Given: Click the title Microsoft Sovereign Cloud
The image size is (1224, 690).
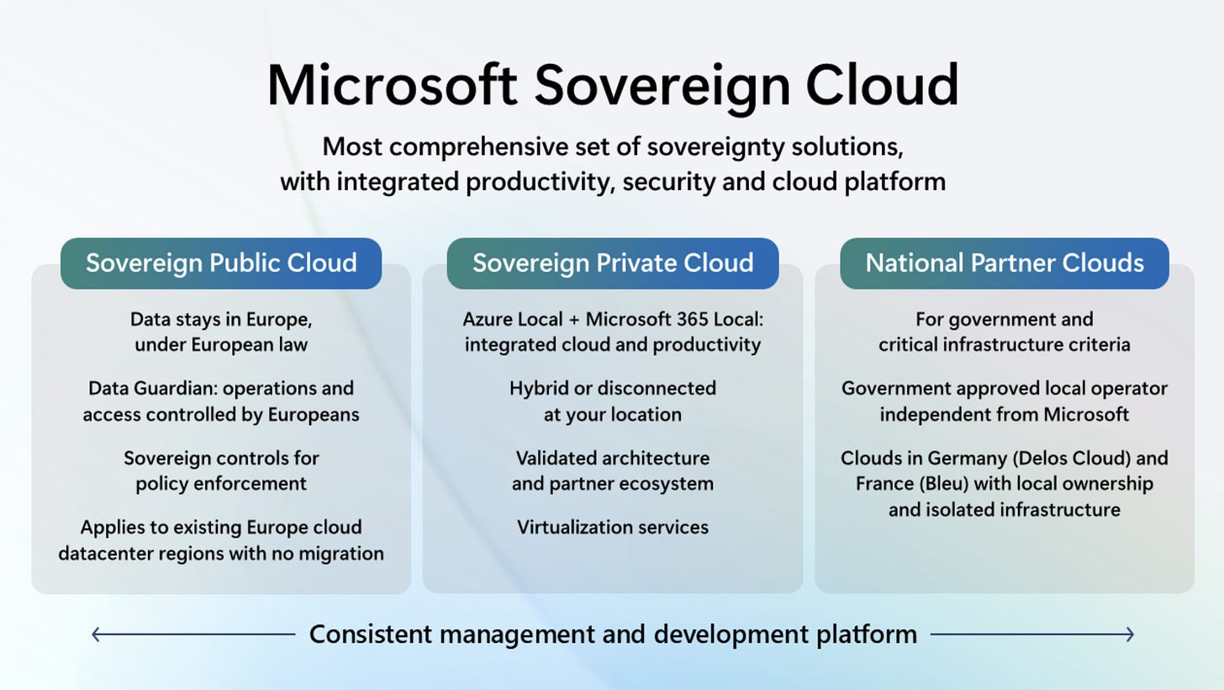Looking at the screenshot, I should point(612,84).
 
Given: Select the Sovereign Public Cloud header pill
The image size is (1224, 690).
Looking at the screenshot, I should point(221,263).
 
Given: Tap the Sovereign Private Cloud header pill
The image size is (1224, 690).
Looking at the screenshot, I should point(612,263).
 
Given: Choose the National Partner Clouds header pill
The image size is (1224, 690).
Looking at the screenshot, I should point(1005,263).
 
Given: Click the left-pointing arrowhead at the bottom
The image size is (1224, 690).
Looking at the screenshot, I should point(96,634).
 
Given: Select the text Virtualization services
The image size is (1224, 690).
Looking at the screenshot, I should point(612,528).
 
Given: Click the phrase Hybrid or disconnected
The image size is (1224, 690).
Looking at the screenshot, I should point(612,389).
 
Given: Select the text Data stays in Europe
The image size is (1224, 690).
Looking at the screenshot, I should point(221,320).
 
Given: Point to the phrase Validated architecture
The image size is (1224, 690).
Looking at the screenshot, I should point(612,459).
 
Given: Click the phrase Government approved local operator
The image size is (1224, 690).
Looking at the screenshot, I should point(1005,389).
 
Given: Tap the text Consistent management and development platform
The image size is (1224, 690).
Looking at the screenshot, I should point(612,634).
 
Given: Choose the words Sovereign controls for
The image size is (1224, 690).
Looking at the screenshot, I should point(221,459).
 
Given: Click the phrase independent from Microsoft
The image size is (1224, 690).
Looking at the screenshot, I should point(1005,415).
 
